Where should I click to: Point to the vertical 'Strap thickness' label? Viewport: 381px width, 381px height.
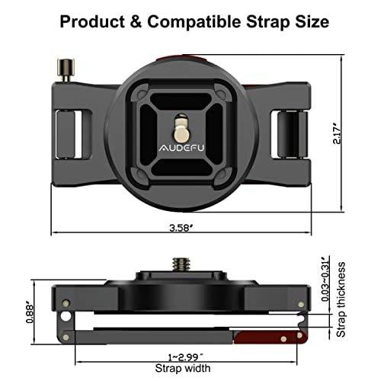[344, 301]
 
